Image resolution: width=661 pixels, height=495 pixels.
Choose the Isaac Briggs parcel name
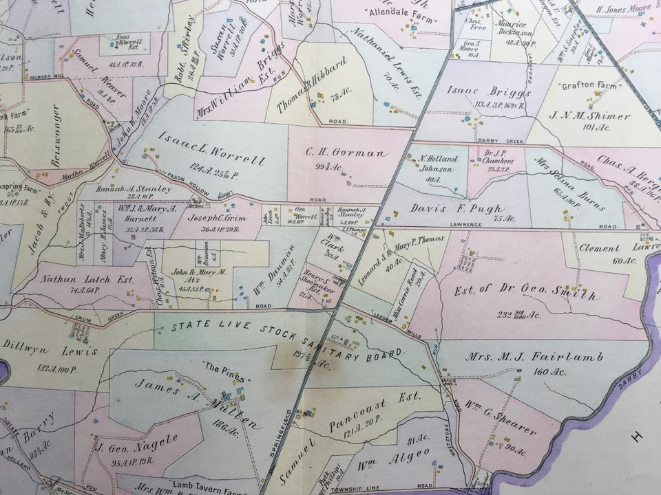coord(479,93)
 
